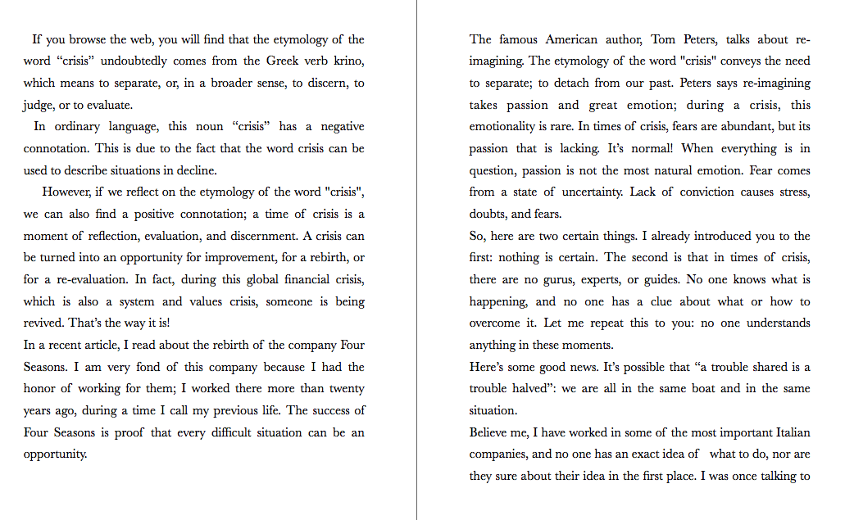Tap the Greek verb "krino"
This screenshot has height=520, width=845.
pos(347,61)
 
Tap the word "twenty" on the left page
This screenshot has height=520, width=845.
pos(346,388)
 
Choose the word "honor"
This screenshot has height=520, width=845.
pos(39,388)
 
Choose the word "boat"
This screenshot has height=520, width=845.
pos(704,388)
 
